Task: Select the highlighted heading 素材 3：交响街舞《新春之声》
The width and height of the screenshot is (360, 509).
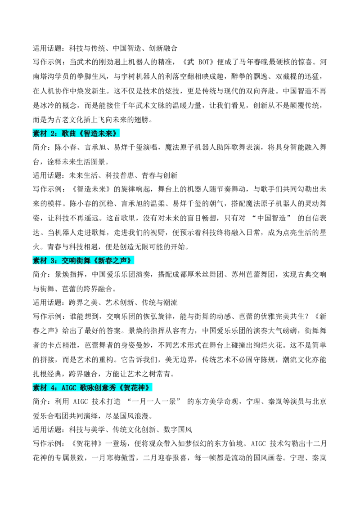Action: pyautogui.click(x=84, y=260)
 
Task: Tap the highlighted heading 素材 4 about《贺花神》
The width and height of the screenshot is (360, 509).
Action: pyautogui.click(x=93, y=387)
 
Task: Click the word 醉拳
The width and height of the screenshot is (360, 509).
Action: pyautogui.click(x=238, y=76)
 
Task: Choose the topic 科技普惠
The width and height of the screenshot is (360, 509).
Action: pyautogui.click(x=119, y=176)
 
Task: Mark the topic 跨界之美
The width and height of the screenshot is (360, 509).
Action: pyautogui.click(x=83, y=303)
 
